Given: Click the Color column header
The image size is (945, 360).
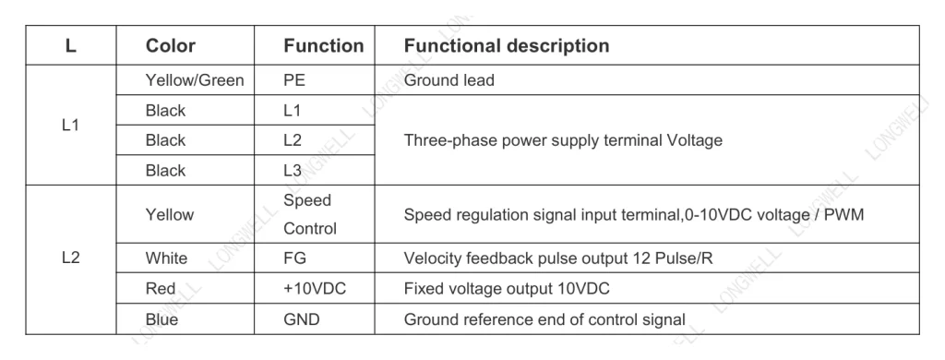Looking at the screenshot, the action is (x=171, y=46).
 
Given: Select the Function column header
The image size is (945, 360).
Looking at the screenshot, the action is (x=324, y=46).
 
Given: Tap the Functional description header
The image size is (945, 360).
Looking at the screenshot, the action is (x=507, y=46).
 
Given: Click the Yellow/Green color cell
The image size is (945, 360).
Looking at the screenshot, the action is (x=195, y=80).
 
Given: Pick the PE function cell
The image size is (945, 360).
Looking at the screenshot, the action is (x=294, y=80).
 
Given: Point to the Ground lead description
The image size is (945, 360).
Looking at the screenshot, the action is (x=449, y=80).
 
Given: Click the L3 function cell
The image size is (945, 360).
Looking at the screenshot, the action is (x=293, y=171).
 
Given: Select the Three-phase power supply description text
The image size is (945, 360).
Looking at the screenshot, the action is (x=563, y=140).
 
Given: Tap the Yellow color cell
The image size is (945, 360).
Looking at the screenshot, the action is (x=170, y=215).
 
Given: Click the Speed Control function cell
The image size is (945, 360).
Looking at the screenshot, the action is (x=310, y=214).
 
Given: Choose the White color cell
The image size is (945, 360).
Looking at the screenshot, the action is (x=166, y=258).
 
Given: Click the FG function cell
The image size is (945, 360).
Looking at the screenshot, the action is (x=294, y=258).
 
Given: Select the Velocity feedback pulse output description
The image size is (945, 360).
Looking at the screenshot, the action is (x=558, y=258).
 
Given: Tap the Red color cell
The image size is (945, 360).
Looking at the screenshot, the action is (x=161, y=288).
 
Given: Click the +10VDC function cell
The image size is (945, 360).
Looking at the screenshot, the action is (x=315, y=288).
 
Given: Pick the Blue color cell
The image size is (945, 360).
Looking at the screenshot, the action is (x=161, y=319).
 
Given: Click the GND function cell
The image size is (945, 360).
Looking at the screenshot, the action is (x=302, y=319).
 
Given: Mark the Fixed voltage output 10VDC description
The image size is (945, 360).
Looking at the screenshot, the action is (x=507, y=288).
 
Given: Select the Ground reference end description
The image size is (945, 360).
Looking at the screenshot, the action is (x=544, y=319).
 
